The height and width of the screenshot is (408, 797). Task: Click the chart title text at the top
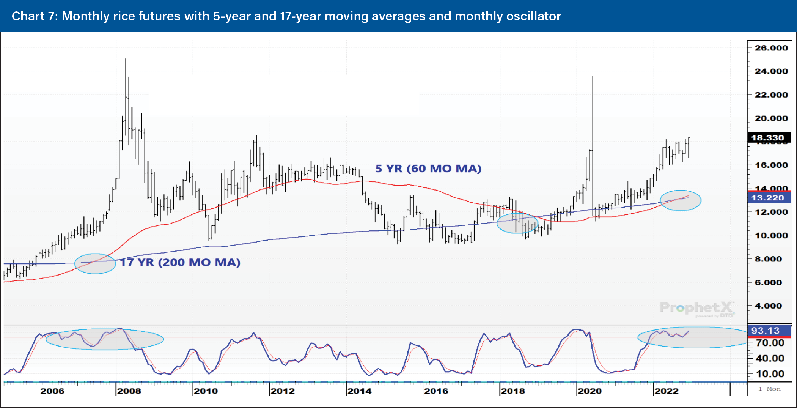[x=286, y=16]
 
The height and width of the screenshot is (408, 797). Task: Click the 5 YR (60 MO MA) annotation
[x=428, y=169]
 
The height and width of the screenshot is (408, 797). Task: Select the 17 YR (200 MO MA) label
[x=180, y=262]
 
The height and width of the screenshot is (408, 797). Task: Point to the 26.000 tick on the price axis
[x=771, y=48]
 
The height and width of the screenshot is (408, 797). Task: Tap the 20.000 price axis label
[x=771, y=118]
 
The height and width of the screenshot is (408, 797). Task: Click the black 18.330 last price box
[x=769, y=138]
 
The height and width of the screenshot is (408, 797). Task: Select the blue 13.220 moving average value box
[x=769, y=198]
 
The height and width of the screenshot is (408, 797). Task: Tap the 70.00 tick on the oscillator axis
[x=770, y=343]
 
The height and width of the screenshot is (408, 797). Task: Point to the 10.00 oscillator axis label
[x=770, y=374]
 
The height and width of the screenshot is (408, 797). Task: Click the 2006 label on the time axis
[x=52, y=391]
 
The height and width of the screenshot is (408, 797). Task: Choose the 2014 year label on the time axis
[x=359, y=391]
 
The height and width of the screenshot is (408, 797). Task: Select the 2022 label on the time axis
[x=666, y=391]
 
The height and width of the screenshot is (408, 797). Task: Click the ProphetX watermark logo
[x=696, y=308]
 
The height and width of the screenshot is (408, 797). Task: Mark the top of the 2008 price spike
[x=126, y=59]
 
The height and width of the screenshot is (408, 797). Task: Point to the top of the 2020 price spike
[x=593, y=77]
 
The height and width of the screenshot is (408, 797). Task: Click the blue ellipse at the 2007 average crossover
[x=95, y=264]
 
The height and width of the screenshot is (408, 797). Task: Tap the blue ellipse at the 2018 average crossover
[x=517, y=223]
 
